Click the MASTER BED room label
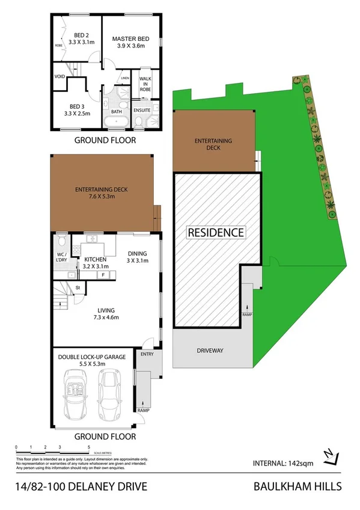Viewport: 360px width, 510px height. point(131,39)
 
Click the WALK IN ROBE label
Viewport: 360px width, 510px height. point(145,84)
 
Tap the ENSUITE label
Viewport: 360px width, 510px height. point(142,110)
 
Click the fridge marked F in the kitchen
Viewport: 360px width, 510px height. point(103,275)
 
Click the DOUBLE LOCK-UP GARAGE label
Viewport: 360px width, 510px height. point(92,357)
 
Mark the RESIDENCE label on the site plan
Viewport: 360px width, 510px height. point(216,232)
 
